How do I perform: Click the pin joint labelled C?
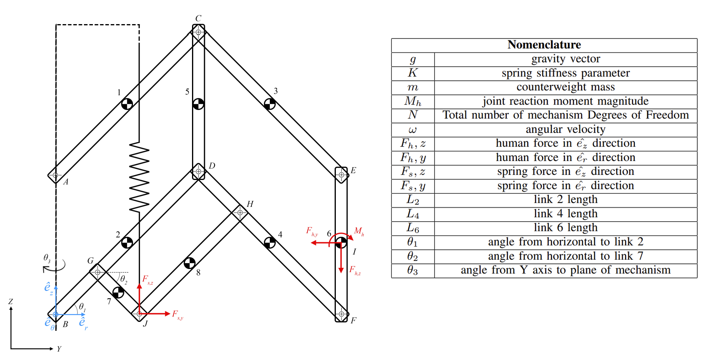198,32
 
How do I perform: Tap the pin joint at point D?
199,171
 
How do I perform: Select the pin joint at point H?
240,213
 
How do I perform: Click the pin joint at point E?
341,175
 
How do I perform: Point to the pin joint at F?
341,314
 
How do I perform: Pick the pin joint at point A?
55,175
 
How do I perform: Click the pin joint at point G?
98,272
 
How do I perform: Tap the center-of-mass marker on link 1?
127,104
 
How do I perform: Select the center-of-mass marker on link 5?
198,104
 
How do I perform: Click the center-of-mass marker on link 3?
270,104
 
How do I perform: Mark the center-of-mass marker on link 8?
189,263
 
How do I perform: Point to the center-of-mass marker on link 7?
118,292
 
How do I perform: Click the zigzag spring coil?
139,177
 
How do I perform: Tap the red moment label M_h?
359,232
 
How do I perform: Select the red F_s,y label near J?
178,315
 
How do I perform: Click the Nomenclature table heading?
544,45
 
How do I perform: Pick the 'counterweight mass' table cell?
566,87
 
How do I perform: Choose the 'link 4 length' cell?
566,213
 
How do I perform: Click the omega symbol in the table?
412,129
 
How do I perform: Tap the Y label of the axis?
59,349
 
